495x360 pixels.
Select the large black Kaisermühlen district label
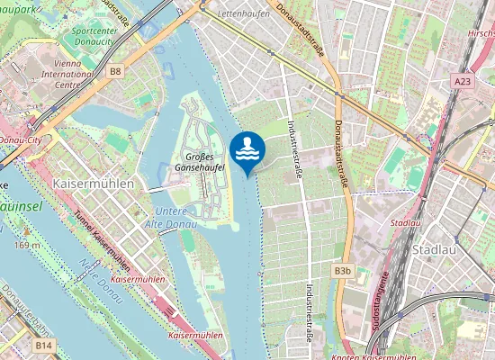[x=94, y=183]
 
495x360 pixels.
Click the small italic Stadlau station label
[x=407, y=221]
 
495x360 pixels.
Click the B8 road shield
[x=115, y=70]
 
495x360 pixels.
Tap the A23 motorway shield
[x=461, y=81]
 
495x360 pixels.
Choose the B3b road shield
[x=342, y=270]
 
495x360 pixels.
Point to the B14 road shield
[x=43, y=344]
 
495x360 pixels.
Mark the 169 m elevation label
[x=27, y=244]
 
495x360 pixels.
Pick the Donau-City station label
[x=22, y=140]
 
